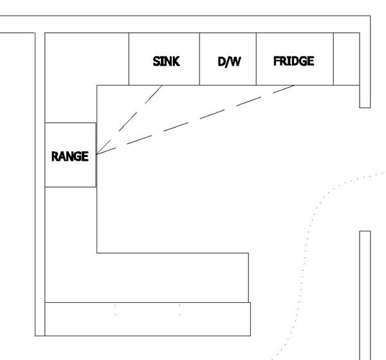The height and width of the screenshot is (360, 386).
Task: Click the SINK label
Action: coord(166,61)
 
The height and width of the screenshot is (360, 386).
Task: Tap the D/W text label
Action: coord(229,62)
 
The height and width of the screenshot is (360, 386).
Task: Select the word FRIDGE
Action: coord(294,61)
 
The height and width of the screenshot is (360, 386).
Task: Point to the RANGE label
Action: coord(70,156)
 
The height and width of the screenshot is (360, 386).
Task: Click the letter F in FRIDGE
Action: coord(277,61)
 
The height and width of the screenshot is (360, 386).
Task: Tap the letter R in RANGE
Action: coord(55,156)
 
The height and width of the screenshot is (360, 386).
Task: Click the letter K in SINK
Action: coord(176,61)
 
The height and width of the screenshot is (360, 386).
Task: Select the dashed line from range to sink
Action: coord(129,120)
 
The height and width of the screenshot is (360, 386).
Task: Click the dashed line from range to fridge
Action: coord(195,120)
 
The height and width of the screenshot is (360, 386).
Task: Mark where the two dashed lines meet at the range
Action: coord(96,154)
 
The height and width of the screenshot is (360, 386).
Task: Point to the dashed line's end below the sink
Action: coord(162,85)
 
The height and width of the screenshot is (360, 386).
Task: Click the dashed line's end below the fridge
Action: coord(294,85)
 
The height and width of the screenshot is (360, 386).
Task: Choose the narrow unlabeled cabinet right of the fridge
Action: coord(347,59)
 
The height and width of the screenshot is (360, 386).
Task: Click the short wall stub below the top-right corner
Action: coord(365,96)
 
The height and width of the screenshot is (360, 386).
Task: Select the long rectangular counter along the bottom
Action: coord(148,319)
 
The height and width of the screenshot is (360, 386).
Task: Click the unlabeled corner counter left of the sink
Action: coord(74,62)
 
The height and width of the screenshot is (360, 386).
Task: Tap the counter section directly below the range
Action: coord(71,244)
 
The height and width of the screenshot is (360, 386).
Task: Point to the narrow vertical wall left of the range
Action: coord(40,184)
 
